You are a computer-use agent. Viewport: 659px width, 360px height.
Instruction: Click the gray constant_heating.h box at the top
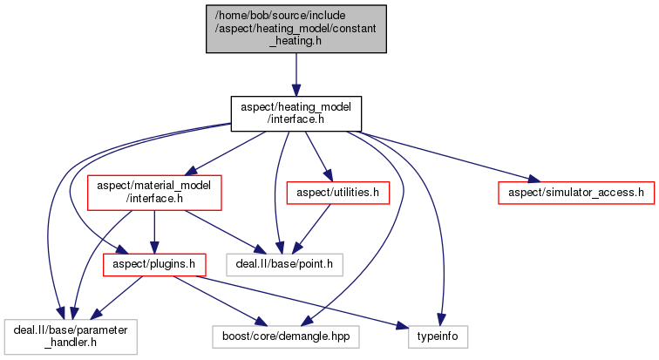[x=296, y=28]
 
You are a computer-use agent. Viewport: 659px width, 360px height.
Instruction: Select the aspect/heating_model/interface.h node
[x=296, y=113]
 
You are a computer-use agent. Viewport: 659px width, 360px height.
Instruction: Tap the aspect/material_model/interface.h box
[x=154, y=193]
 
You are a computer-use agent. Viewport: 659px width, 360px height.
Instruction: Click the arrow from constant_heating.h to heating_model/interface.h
[x=296, y=74]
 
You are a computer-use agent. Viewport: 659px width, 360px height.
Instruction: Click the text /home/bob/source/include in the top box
[x=296, y=14]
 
